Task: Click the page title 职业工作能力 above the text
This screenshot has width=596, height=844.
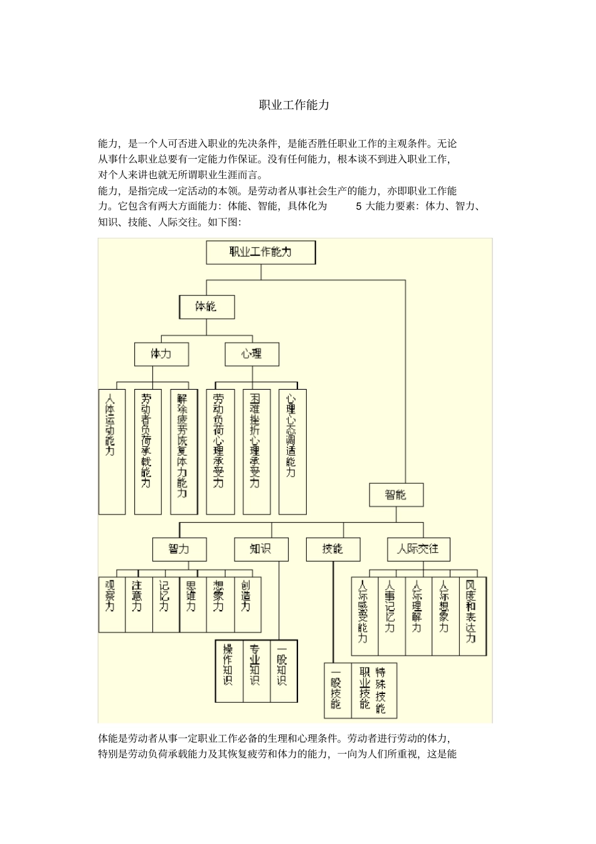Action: point(294,105)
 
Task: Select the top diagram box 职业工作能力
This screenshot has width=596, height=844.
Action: point(260,252)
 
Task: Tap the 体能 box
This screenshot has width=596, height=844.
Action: point(206,307)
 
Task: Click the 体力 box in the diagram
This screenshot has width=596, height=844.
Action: point(161,354)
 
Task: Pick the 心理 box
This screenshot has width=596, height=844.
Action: point(252,354)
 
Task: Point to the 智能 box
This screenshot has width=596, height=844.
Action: point(396,494)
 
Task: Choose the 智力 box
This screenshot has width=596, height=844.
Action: point(179,549)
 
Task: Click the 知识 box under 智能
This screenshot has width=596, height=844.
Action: point(260,549)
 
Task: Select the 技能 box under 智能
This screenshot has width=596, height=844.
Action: point(333,549)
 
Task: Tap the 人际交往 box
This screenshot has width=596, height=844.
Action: point(418,549)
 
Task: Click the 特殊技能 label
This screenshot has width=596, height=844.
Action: point(381,690)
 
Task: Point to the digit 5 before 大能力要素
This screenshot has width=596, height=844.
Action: point(359,206)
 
